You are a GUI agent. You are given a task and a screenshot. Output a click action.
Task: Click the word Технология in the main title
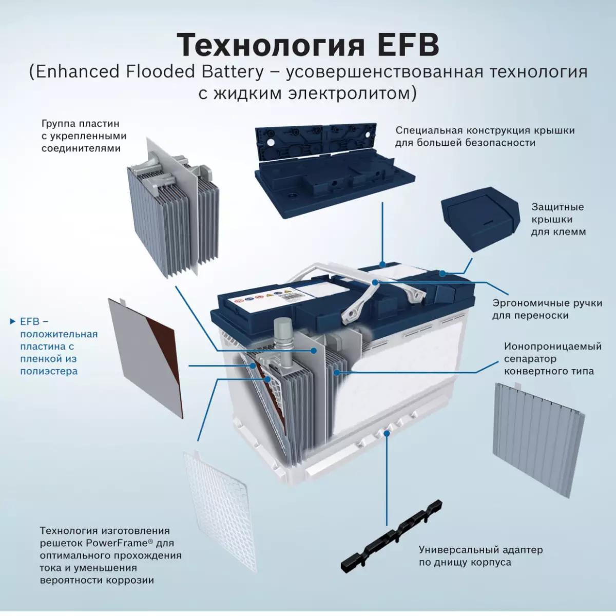271,45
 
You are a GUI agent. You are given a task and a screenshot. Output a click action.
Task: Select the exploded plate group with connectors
173,207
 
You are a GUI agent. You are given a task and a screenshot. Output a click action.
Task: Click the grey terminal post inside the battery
282,339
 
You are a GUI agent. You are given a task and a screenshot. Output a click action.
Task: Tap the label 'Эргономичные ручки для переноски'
547,309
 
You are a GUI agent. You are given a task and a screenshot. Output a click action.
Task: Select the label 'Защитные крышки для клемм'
559,219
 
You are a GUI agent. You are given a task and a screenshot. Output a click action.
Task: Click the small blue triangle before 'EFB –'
13,321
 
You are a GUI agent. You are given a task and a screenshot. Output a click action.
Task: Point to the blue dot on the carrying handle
375,282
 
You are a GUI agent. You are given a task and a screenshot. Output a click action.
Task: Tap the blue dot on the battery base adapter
387,433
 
